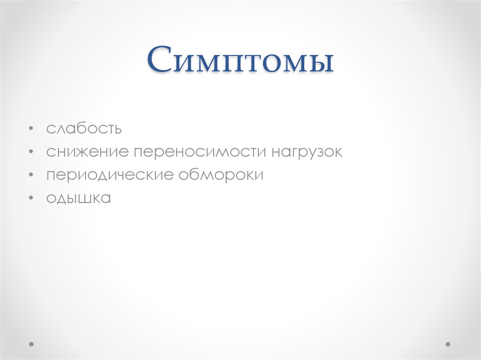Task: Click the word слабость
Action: [x=84, y=129]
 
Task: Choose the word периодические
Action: [x=110, y=175]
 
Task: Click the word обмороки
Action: [x=220, y=175]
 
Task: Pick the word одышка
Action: [x=78, y=198]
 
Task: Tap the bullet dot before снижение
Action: [x=31, y=152]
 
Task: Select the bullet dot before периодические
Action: [x=31, y=175]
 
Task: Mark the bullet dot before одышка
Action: [x=31, y=198]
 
